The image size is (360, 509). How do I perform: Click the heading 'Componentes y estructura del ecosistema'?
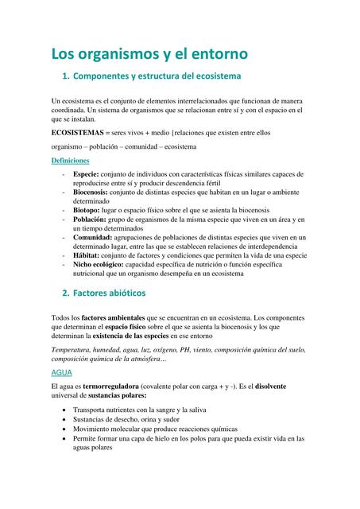tap(157, 78)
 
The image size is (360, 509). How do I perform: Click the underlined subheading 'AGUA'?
tap(61, 372)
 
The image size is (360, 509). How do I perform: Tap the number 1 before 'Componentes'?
tap(64, 78)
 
